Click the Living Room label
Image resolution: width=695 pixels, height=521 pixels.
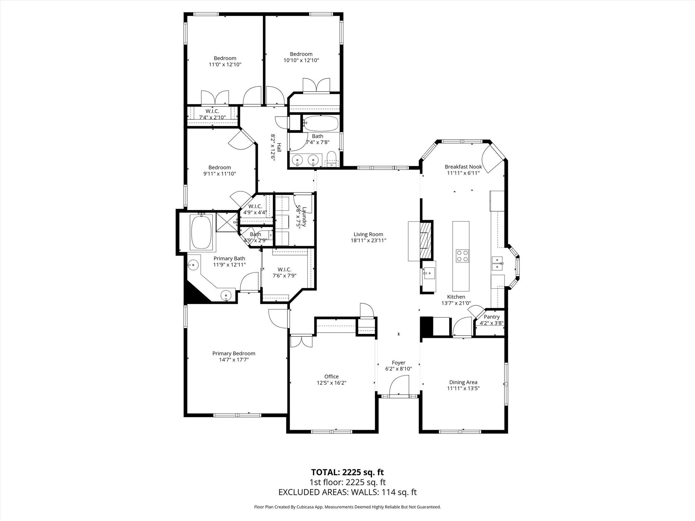pos(368,234)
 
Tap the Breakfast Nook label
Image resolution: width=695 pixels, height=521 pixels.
pos(463,167)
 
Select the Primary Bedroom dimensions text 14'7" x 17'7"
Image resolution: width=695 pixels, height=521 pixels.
pos(234,360)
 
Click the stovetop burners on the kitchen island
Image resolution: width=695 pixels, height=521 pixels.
pos(462,256)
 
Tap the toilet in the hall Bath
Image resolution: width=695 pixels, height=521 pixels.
pos(331,159)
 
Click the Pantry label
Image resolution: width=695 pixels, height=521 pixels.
pos(492,317)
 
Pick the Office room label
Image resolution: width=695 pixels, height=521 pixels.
pos(331,377)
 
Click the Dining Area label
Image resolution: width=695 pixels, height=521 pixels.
pos(463,382)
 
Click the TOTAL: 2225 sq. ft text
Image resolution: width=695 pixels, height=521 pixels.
pos(347,472)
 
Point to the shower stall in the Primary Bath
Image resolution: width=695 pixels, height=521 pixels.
pos(227,222)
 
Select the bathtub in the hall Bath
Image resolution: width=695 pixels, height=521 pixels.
pos(321,124)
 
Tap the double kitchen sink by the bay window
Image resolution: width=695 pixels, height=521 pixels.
pos(497,264)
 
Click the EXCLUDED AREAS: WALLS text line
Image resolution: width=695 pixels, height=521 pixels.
pos(347,492)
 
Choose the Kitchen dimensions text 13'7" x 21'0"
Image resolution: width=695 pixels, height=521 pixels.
pos(456,303)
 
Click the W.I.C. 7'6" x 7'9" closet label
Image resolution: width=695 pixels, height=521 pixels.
pos(284,273)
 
